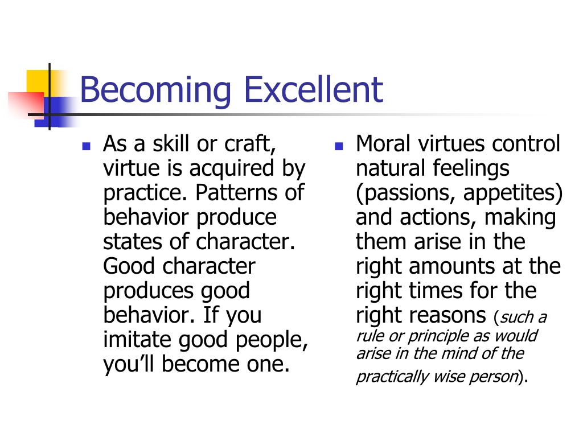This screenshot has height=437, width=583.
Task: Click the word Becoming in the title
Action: click(x=155, y=90)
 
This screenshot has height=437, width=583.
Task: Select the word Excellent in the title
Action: click(x=314, y=89)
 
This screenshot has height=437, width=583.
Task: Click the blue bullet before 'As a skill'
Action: click(x=87, y=146)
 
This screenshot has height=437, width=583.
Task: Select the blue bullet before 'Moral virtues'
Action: click(x=339, y=146)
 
